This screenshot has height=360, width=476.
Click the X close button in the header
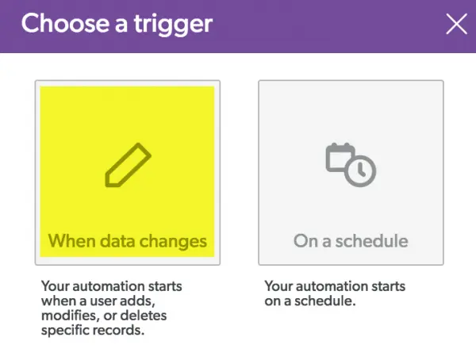pyautogui.click(x=457, y=24)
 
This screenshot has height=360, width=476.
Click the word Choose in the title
pyautogui.click(x=65, y=23)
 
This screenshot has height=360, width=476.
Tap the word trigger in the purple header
pyautogui.click(x=173, y=25)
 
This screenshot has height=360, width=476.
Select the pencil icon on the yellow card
pyautogui.click(x=128, y=165)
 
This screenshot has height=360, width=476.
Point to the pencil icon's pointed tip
pyautogui.click(x=107, y=185)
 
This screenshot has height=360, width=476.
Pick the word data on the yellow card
pyautogui.click(x=117, y=241)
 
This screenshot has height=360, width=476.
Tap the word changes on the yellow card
pyautogui.click(x=173, y=242)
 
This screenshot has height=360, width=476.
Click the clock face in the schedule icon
pyautogui.click(x=360, y=171)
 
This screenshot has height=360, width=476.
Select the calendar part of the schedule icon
pyautogui.click(x=340, y=157)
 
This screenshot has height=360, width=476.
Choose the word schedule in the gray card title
pyautogui.click(x=371, y=241)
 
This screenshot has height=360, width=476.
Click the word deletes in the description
pyautogui.click(x=144, y=316)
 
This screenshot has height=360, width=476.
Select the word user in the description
pyautogui.click(x=103, y=301)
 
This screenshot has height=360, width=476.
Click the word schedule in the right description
pyautogui.click(x=324, y=301)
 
